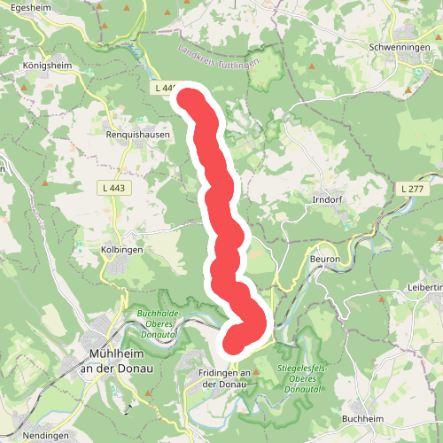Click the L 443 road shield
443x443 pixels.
pos(113,188)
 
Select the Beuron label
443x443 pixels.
pos(324,258)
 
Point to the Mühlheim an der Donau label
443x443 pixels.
pos(115,362)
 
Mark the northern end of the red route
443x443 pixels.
pos(189,97)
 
